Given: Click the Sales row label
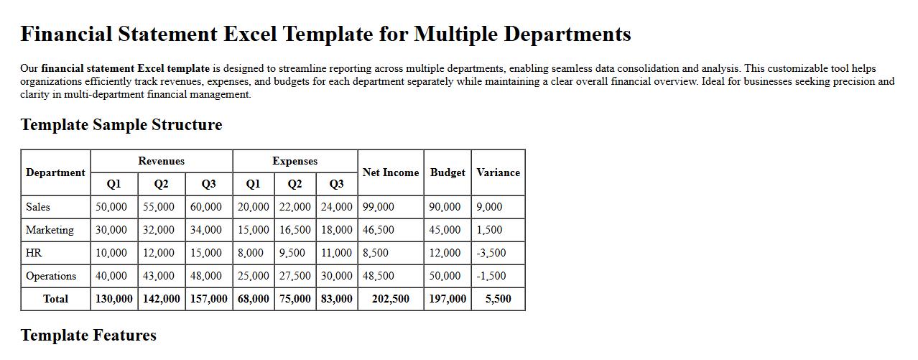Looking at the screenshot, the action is (38, 207).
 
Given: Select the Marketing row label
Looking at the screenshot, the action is (50, 230).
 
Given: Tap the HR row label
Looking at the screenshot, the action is (34, 253).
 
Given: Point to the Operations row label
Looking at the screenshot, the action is (51, 276).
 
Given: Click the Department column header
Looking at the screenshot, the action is (55, 172).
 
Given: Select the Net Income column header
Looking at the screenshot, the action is (391, 172).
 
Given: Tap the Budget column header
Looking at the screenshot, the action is (448, 172).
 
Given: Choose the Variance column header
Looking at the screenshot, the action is (498, 172).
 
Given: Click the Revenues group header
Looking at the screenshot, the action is (162, 161).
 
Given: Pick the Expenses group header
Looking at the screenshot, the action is (295, 161).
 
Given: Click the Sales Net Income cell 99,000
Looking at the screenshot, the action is (379, 207).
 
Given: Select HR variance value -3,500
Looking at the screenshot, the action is (491, 253).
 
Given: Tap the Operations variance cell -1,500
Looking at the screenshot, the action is (491, 276).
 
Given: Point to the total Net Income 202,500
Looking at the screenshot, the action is (391, 299).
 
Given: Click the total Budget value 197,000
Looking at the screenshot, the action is (448, 299).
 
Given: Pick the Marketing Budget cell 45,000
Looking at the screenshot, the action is (445, 230).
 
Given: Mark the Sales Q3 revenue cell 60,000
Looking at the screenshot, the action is (206, 207).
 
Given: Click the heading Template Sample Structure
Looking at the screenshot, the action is (121, 125).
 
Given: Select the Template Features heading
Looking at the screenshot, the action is (88, 336).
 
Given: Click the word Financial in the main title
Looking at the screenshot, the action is (66, 34).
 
